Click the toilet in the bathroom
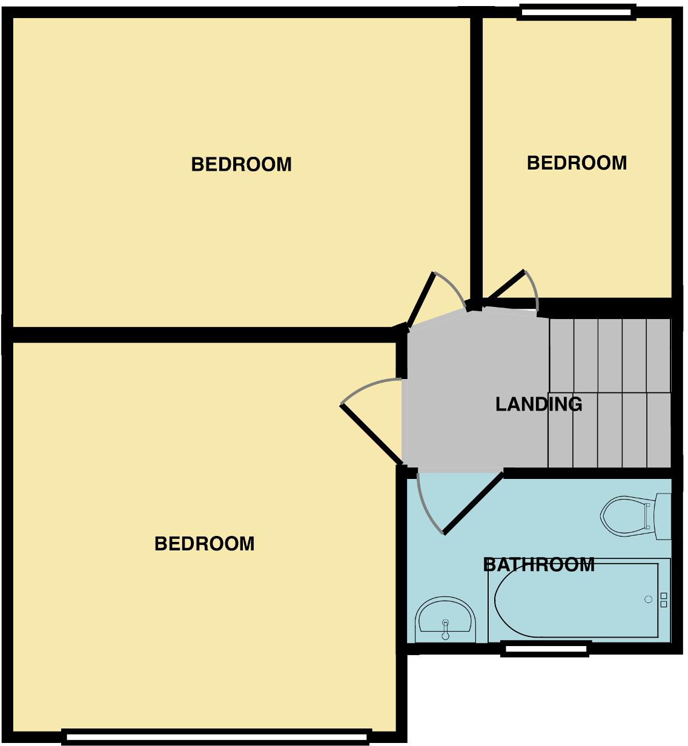(627, 517)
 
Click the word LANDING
(538, 404)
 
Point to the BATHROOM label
(538, 565)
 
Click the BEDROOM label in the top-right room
(577, 163)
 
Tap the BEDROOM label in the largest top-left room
(241, 164)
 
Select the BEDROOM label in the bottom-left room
(204, 544)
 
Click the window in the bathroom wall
(546, 649)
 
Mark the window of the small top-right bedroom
(577, 12)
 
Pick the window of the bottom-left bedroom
(216, 737)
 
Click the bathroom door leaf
(473, 503)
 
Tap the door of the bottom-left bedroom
(371, 432)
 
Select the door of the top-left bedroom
(422, 300)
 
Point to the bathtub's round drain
(648, 599)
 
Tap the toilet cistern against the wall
(664, 517)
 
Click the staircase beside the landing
(609, 394)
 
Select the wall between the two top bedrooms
(477, 157)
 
